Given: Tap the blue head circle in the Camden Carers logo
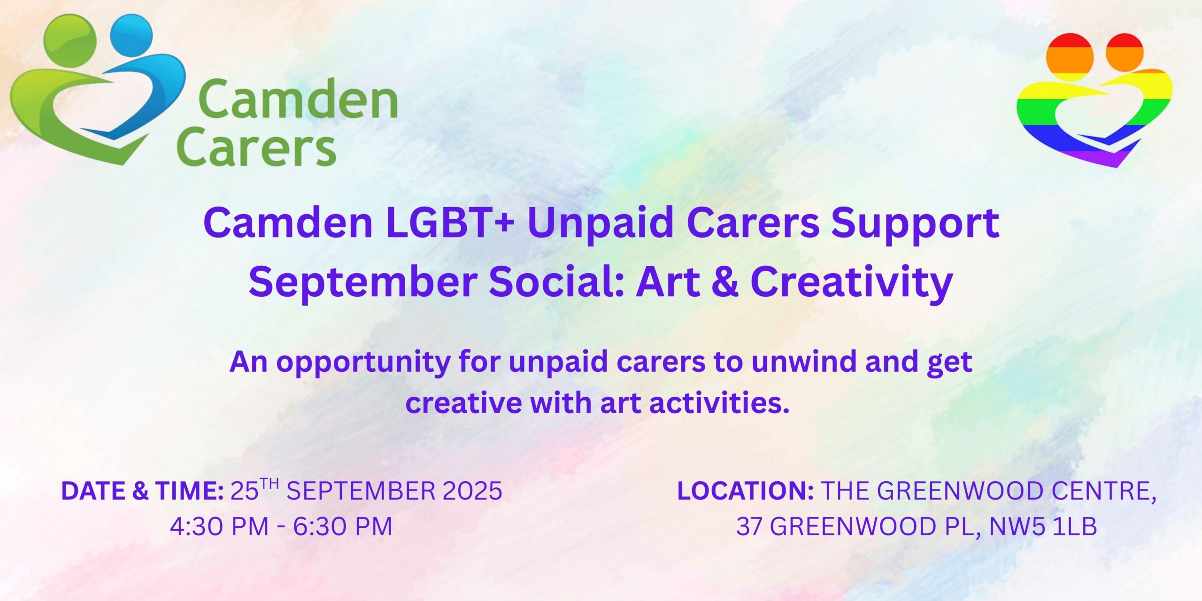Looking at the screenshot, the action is (x=131, y=37).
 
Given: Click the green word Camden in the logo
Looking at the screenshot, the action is (x=298, y=99).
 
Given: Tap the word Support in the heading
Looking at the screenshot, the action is (x=915, y=224).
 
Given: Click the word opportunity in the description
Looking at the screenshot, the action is (x=363, y=363).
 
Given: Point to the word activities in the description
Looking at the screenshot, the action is (x=719, y=403).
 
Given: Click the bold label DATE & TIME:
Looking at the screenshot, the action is (x=143, y=491).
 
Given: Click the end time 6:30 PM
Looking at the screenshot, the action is (x=343, y=526).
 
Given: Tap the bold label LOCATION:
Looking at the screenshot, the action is (x=745, y=491).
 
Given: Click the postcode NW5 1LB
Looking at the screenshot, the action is (x=1043, y=526).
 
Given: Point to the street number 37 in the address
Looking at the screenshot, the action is (x=750, y=526).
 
